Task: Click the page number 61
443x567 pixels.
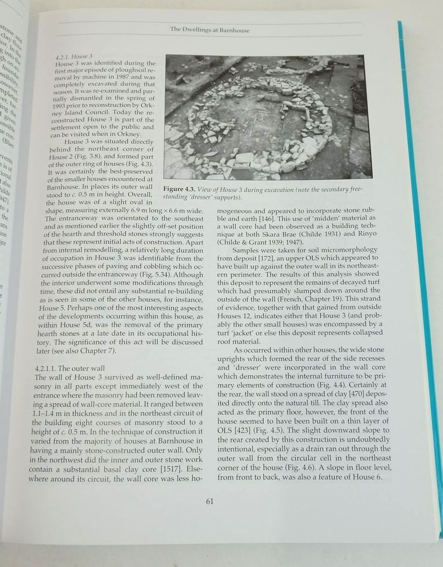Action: click(x=209, y=501)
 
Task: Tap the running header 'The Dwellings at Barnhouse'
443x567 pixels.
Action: click(x=210, y=30)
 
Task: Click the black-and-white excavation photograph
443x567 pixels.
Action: click(x=264, y=117)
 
